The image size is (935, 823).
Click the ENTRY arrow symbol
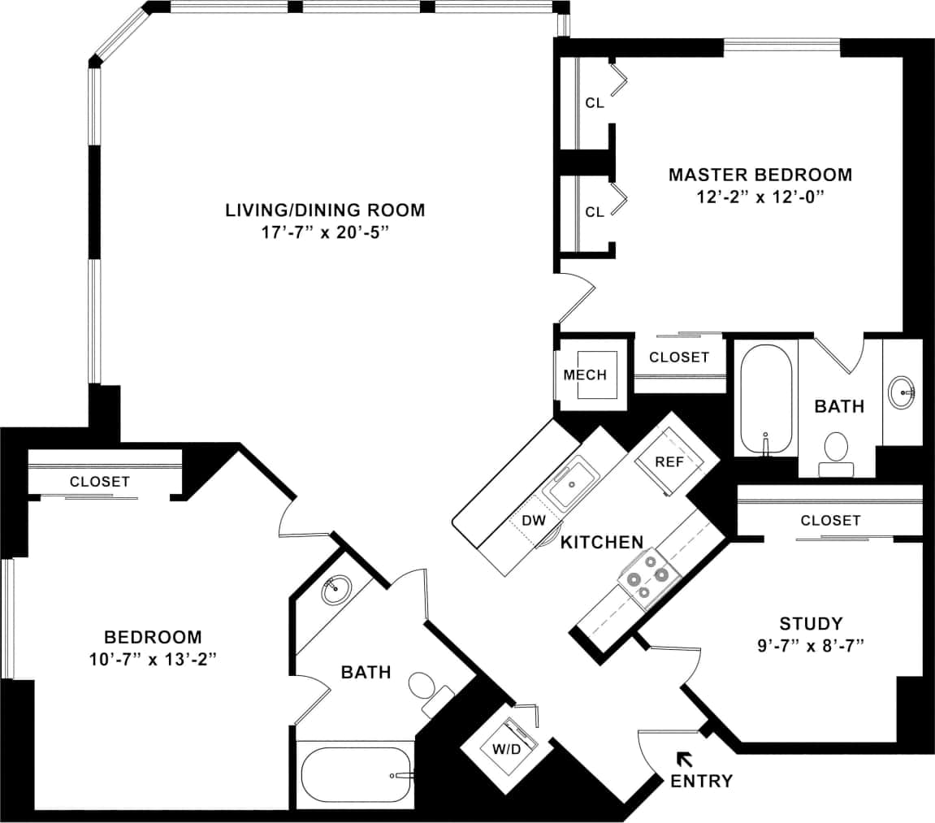coord(684,759)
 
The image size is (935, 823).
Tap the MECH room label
coord(585,375)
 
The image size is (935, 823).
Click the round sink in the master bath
coord(902,392)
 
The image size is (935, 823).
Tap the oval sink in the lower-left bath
coord(336,590)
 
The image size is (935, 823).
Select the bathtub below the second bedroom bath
coord(356,776)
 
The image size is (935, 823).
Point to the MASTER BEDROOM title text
coord(760,175)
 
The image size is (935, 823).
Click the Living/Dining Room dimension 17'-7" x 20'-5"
coord(325,232)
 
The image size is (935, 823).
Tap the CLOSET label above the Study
coord(829,520)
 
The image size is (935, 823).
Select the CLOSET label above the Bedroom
coord(99,481)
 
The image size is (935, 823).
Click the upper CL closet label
coord(595,103)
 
